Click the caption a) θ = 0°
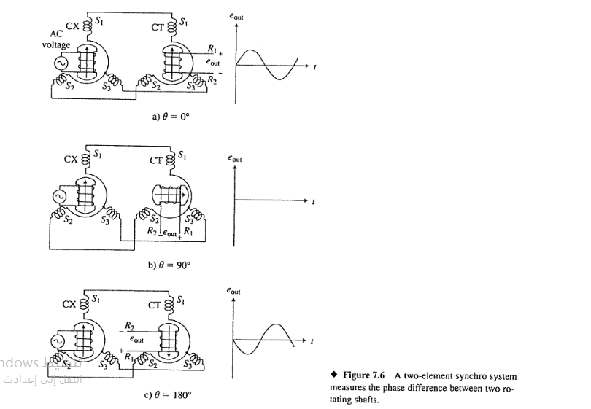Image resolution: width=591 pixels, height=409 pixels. [x=169, y=116]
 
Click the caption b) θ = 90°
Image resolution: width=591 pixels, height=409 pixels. [x=169, y=265]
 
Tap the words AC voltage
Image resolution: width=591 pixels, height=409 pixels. [x=56, y=39]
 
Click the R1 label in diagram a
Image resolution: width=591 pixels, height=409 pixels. [x=212, y=49]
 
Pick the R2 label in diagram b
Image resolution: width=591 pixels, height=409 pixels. [x=152, y=230]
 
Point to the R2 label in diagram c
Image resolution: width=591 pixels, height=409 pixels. [x=129, y=325]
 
